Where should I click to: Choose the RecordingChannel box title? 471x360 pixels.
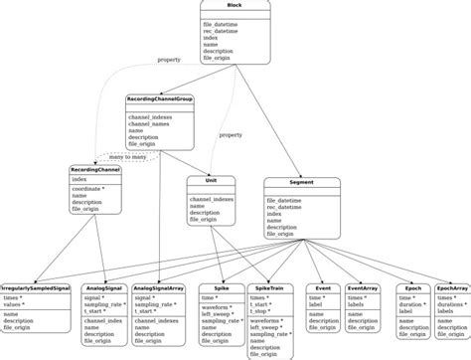point(96,170)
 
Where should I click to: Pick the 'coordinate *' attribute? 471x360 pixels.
point(92,189)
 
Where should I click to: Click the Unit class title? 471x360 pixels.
point(210,181)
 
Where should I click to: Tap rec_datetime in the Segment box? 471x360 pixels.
point(289,206)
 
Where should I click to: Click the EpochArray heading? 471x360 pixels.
point(452,286)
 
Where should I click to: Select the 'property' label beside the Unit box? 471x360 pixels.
point(231,134)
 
